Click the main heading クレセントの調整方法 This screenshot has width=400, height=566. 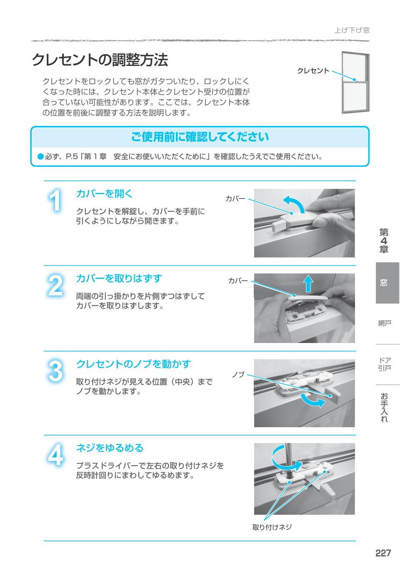(x=100, y=60)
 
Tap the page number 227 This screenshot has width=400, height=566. (x=383, y=553)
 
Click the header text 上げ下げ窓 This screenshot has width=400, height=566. (x=352, y=30)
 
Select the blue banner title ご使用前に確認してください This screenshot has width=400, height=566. (x=200, y=137)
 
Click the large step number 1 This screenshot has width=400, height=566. (x=55, y=202)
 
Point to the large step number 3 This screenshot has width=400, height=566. (x=55, y=371)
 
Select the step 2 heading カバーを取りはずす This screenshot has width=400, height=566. (x=119, y=278)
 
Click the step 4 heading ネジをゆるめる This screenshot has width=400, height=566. (x=110, y=448)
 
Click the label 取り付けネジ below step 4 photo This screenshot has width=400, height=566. (x=272, y=527)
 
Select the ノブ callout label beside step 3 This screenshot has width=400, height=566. (x=238, y=375)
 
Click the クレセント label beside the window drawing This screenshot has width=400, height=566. (x=313, y=71)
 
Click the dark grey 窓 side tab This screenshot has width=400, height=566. (x=387, y=283)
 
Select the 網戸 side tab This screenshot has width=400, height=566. (x=384, y=323)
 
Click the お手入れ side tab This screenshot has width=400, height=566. (x=384, y=407)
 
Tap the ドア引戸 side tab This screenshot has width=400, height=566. (x=384, y=364)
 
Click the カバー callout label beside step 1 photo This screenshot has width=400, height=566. (x=235, y=198)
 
